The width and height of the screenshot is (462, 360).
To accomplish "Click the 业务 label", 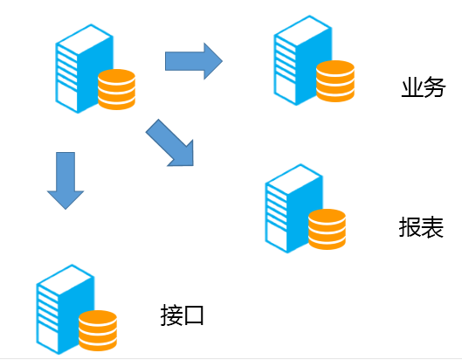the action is click(424, 87).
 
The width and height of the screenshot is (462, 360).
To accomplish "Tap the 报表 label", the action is click(421, 227).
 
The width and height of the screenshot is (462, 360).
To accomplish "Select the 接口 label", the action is click(182, 315).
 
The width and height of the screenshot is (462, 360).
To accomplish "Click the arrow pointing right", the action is click(194, 61).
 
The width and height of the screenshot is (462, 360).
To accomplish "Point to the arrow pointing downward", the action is click(66, 181).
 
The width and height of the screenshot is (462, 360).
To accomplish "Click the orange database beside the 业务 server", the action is click(335, 81).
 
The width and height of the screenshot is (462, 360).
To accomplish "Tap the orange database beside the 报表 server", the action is click(327, 230).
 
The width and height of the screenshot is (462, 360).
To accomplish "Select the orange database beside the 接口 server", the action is click(98, 330).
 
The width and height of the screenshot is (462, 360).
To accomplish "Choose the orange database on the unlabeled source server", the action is click(117, 89).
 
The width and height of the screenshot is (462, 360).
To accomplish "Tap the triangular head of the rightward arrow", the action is click(213, 61).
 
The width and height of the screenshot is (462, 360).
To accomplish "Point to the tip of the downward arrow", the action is click(66, 209).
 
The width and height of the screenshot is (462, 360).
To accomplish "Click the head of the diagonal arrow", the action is click(183, 156).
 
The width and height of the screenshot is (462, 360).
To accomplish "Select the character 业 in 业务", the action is click(412, 87).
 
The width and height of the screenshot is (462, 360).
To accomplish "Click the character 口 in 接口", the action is click(193, 315).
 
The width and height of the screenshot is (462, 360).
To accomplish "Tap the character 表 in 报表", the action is click(432, 227).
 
